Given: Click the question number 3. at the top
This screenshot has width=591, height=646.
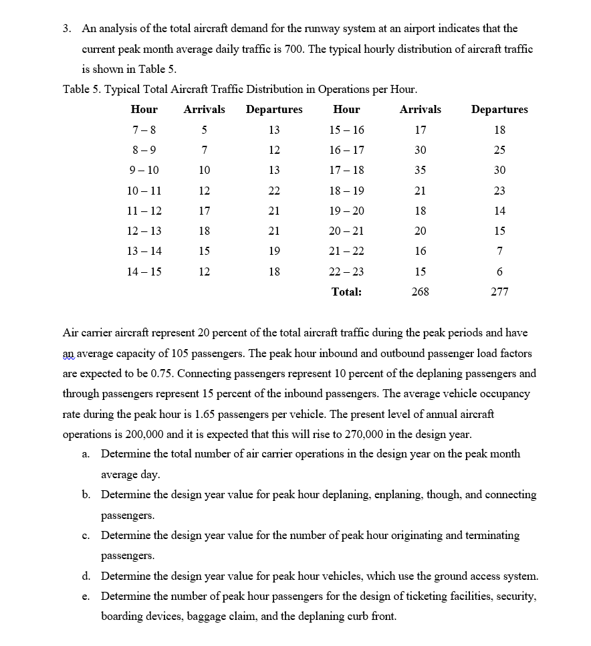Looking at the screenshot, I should click(68, 29).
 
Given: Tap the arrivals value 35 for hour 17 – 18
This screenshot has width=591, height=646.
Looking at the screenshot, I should click(420, 170).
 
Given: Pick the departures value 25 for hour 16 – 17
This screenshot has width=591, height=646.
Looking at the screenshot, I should click(499, 150).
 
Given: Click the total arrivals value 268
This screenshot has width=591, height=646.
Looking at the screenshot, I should click(420, 292).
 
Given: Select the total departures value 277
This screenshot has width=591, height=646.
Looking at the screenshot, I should click(499, 292).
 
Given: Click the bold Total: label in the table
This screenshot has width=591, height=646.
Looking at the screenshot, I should click(346, 292).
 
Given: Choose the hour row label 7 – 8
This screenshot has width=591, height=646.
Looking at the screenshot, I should click(144, 130).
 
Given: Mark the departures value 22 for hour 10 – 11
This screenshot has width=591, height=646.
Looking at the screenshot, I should click(274, 191).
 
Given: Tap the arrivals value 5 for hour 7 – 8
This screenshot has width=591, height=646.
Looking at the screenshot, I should click(204, 130).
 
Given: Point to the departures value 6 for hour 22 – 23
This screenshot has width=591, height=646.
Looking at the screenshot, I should click(499, 272).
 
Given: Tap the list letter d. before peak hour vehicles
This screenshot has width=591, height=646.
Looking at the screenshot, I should click(86, 576).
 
